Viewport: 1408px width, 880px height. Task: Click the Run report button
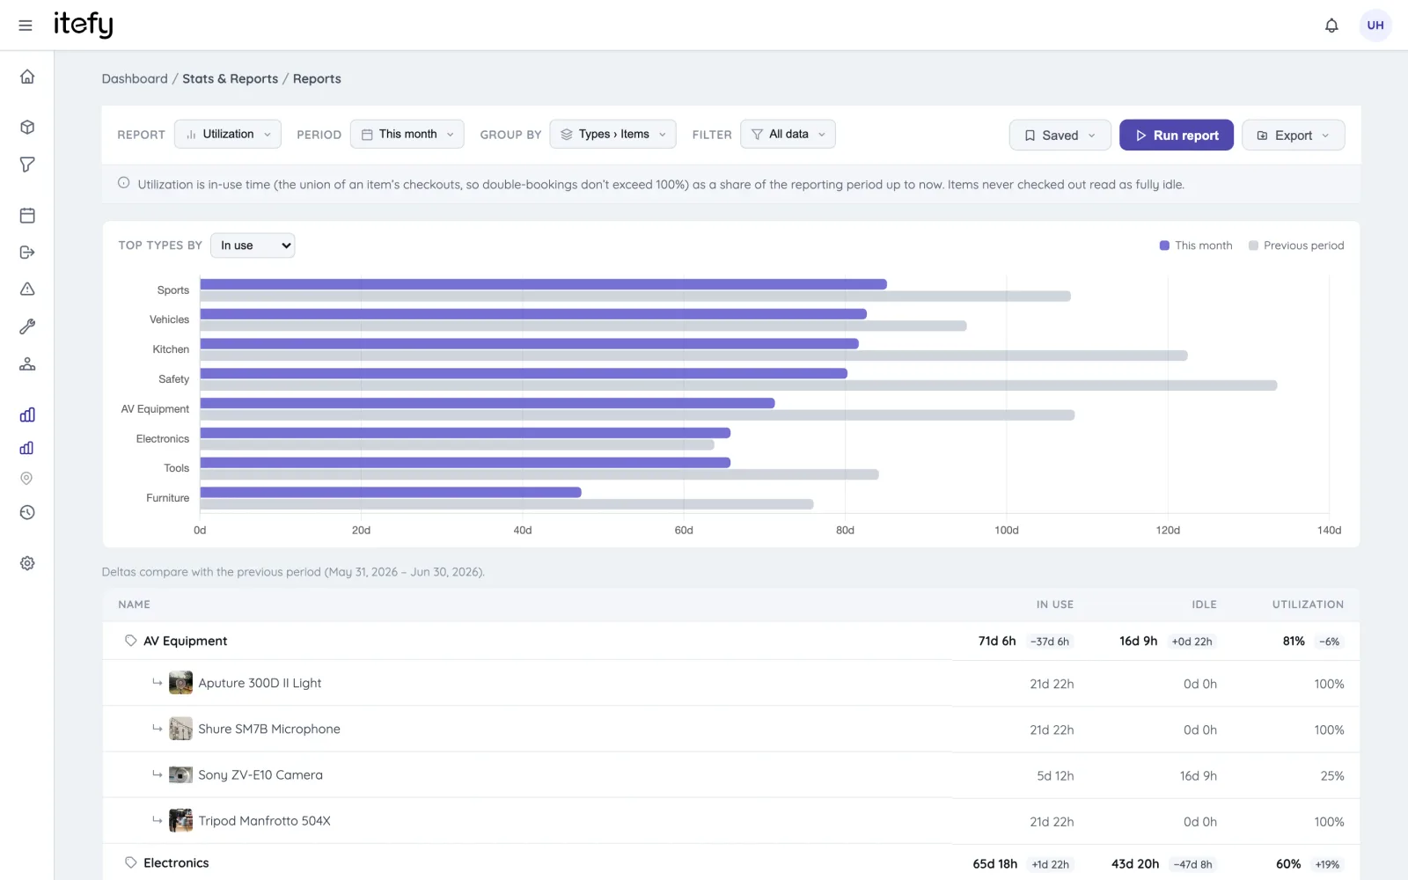pos(1176,136)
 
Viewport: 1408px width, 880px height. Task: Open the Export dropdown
pos(1293,136)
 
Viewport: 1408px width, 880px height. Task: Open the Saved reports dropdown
pos(1060,136)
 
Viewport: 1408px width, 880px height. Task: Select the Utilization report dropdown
pos(228,135)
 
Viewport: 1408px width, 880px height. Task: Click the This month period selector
pos(407,135)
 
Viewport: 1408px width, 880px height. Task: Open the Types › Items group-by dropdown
pos(612,135)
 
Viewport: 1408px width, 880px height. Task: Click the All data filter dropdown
pos(788,135)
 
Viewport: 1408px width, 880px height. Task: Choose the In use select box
pos(253,246)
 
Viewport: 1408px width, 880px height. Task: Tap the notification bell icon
pos(1331,26)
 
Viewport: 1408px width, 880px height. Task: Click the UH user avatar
pos(1375,26)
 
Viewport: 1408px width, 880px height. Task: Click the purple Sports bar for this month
pos(543,284)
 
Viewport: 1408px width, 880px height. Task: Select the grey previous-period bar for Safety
pos(738,385)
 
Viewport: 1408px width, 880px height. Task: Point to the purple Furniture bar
pos(391,492)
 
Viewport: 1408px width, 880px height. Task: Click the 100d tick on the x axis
pos(1007,531)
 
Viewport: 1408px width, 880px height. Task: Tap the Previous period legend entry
pos(1296,246)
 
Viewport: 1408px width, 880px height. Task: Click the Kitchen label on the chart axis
pos(171,349)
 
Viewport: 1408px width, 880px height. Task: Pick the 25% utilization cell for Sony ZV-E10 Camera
pos(1332,776)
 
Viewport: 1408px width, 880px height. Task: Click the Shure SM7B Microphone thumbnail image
pos(180,730)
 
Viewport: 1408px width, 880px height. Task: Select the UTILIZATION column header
pos(1308,605)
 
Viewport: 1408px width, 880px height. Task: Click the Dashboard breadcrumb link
pos(135,78)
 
